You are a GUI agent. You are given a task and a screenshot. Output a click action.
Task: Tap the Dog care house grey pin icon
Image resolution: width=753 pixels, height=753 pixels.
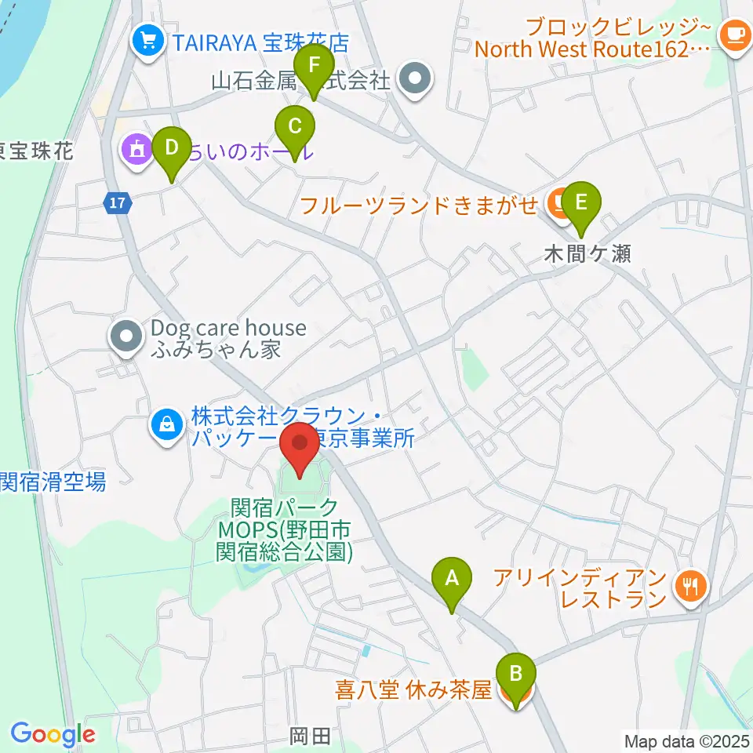pos(125,338)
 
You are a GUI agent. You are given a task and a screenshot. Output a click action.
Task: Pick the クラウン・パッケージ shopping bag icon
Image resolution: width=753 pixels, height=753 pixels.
pos(167,426)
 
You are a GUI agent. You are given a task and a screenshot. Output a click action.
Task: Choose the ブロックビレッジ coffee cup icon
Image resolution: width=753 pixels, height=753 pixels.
pos(735,35)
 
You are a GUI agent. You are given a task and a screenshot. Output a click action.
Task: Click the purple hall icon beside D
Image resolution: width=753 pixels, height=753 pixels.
pos(135,148)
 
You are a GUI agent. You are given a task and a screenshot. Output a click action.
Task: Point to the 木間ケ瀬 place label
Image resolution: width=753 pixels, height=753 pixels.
pos(589,253)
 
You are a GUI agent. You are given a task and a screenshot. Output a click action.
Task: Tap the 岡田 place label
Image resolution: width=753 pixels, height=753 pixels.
pos(311,736)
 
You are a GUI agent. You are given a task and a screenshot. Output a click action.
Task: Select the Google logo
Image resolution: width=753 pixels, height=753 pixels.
pos(53,735)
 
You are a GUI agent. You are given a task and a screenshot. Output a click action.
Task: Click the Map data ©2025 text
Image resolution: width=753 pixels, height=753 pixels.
pos(686,740)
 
